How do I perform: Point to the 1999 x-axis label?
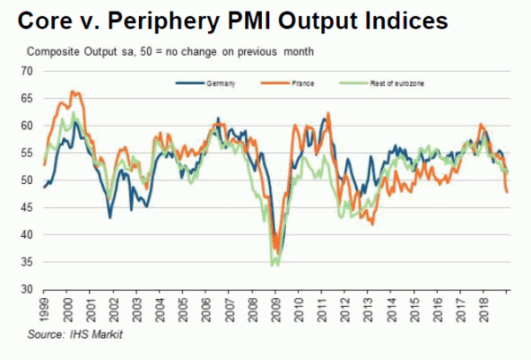[47, 308]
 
